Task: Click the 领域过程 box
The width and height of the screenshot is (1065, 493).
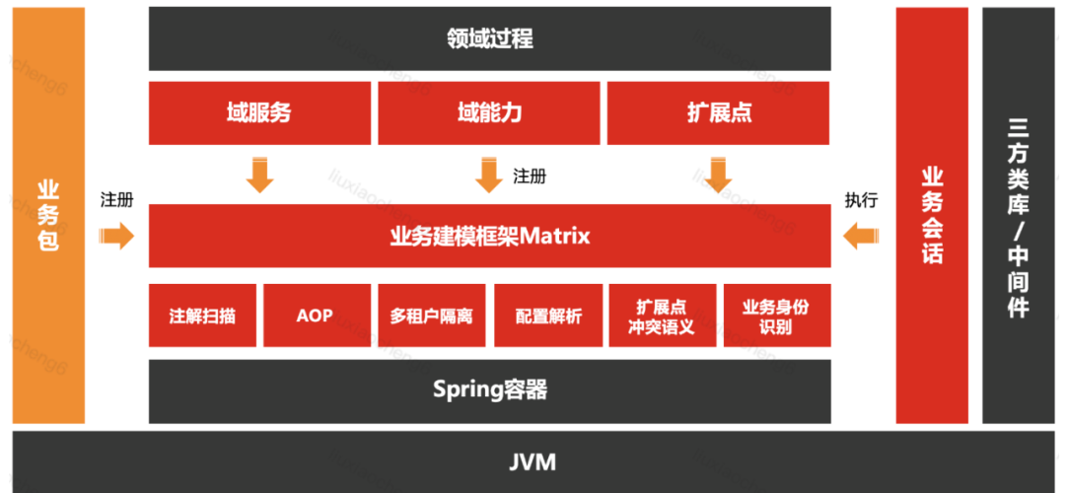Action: (488, 38)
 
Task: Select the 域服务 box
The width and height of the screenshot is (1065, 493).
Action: (259, 112)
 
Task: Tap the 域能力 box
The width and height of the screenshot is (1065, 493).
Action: (489, 112)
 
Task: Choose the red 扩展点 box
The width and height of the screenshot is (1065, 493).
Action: (719, 112)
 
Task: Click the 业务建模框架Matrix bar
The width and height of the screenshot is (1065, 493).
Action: (488, 236)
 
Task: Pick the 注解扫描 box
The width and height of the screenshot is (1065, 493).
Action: (202, 317)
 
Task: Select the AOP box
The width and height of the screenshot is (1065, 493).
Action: (315, 317)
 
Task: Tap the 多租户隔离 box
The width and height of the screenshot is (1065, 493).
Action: (431, 317)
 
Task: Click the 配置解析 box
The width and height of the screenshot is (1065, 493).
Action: (548, 317)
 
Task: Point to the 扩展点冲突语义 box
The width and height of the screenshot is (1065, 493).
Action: (663, 317)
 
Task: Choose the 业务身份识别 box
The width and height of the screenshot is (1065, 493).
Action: (775, 317)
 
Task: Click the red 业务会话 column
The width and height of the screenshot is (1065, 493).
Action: (932, 215)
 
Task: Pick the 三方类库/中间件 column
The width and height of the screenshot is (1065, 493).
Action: (1019, 215)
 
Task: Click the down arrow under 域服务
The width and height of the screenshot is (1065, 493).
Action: (260, 175)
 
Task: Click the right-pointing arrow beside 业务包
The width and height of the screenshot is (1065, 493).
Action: (117, 236)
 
